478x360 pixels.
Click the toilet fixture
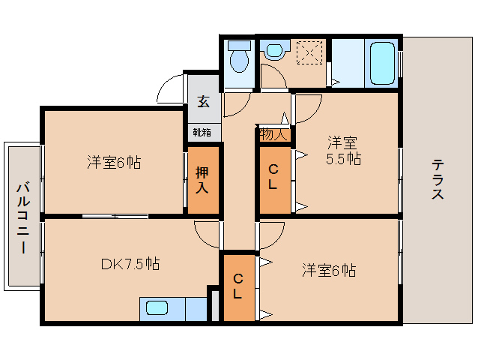(239, 57)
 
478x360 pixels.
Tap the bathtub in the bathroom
(382, 63)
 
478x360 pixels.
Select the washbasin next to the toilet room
(275, 51)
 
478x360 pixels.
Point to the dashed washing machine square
(309, 52)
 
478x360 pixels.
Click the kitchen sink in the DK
(157, 307)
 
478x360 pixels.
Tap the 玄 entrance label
(203, 101)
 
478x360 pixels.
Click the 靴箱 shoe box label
(202, 133)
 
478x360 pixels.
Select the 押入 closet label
(202, 180)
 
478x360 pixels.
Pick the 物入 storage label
(273, 134)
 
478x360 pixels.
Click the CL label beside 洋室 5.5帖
(273, 177)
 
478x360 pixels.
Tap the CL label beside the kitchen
(238, 286)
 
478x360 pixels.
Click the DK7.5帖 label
(130, 264)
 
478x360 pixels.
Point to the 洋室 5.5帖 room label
(344, 151)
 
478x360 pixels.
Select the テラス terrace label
(437, 180)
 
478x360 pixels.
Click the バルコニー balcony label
(23, 217)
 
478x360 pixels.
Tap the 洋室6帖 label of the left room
(114, 162)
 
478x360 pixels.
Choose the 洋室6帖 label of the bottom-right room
(329, 270)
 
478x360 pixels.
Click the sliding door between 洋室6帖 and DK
(115, 216)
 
